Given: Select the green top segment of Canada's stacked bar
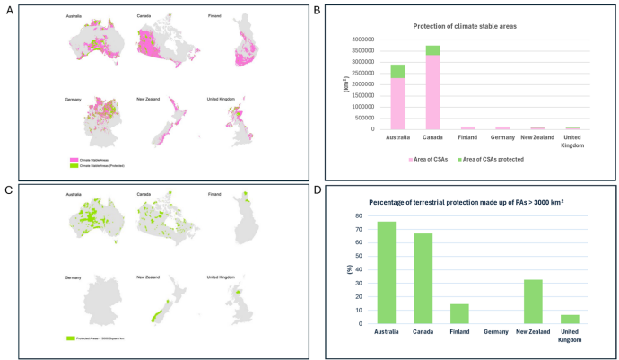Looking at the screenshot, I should [x=432, y=50].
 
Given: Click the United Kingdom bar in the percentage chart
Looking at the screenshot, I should [x=570, y=319].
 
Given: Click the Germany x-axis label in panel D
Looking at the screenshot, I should [x=496, y=331].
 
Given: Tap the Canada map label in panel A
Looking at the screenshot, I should [x=144, y=16].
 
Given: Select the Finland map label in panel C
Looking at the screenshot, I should [x=214, y=195].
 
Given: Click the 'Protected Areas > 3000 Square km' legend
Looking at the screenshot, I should [x=98, y=338].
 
